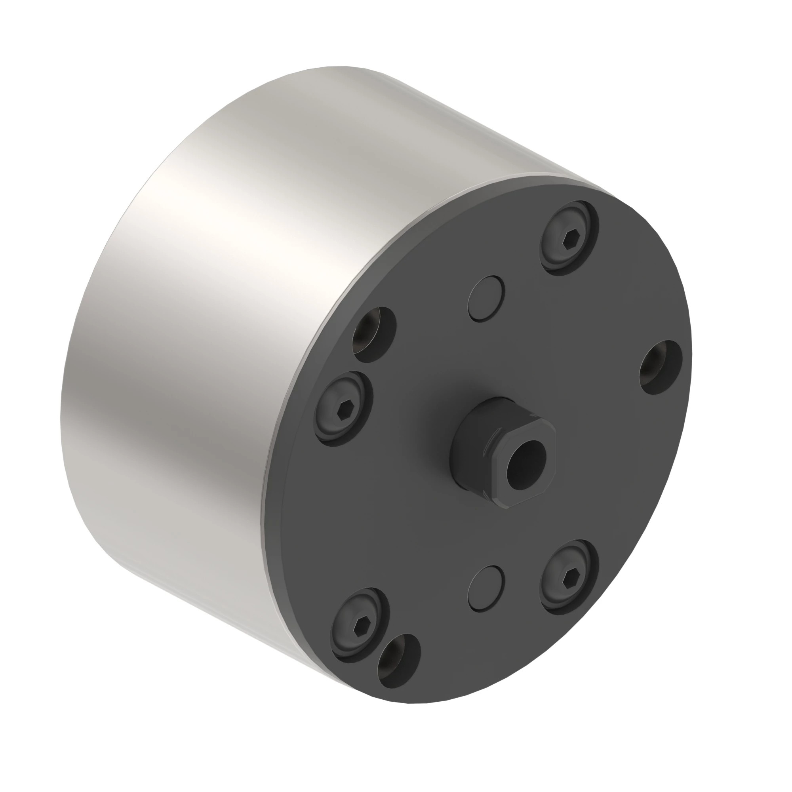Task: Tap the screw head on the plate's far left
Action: click(x=345, y=407)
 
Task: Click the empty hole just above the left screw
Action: click(x=374, y=335)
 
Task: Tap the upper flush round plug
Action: click(x=486, y=299)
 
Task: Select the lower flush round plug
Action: click(x=486, y=589)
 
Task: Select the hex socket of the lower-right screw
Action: click(x=568, y=578)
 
